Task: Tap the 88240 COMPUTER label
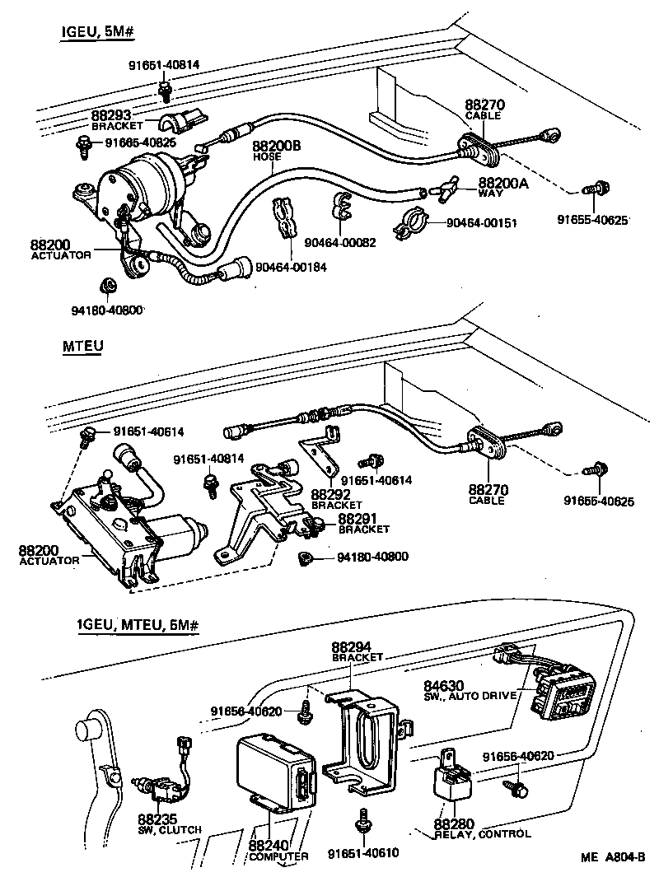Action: point(277,851)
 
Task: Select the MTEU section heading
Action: point(82,347)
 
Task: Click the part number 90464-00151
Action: point(481,223)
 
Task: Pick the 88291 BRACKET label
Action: point(362,524)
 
